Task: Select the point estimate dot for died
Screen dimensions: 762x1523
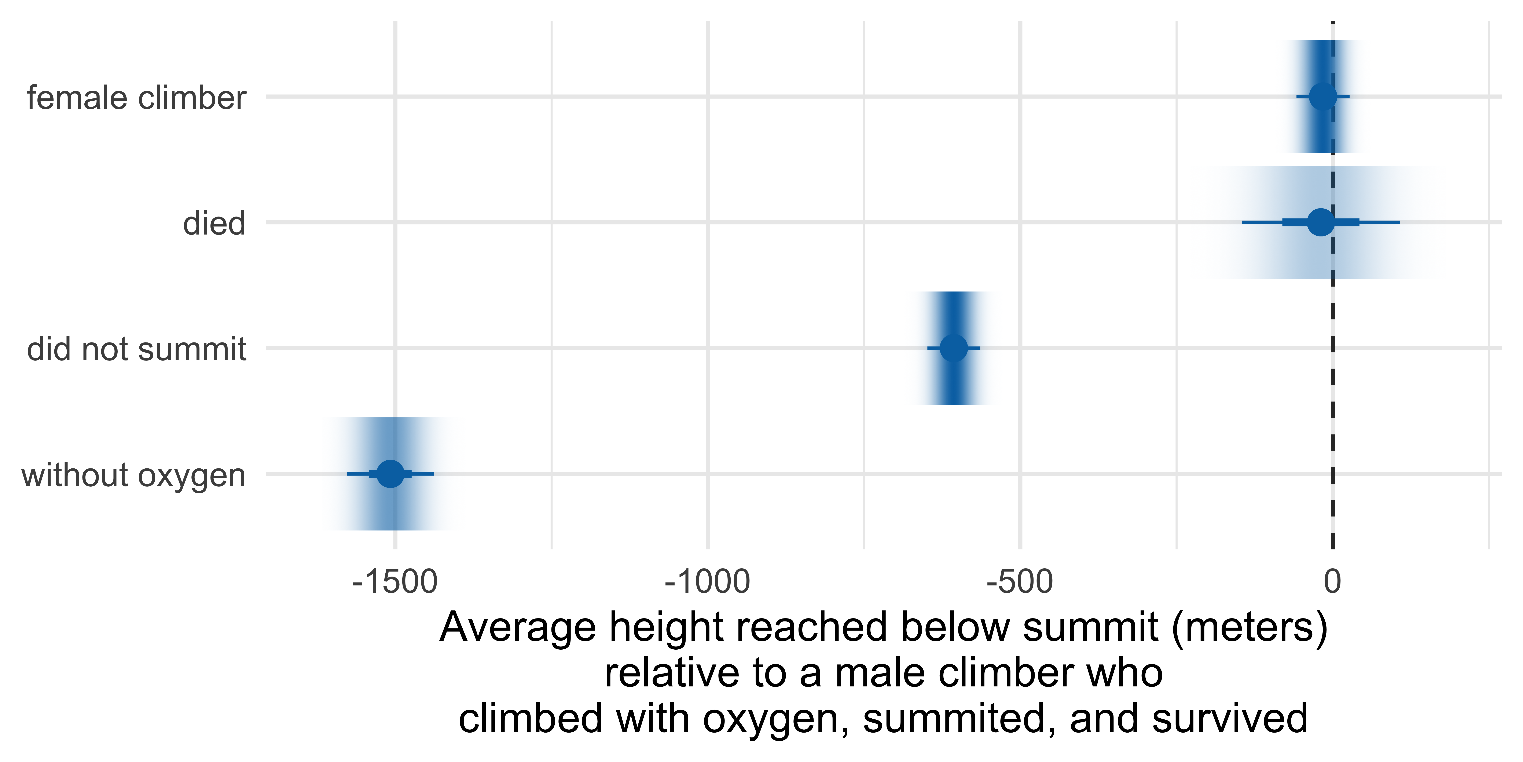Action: pyautogui.click(x=1321, y=222)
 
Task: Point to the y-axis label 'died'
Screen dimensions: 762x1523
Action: pyautogui.click(x=214, y=224)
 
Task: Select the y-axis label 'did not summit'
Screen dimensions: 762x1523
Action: pyautogui.click(x=136, y=349)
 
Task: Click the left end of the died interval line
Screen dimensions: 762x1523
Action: pyautogui.click(x=1242, y=222)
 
